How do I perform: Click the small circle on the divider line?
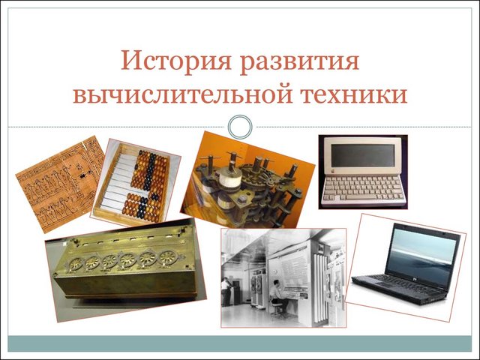click(x=240, y=127)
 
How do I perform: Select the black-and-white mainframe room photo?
click(x=283, y=277)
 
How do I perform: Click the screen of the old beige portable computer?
click(x=362, y=158)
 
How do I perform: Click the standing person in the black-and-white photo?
click(x=226, y=291)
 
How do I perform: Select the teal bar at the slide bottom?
click(x=240, y=343)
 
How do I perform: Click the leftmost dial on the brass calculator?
click(x=76, y=264)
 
